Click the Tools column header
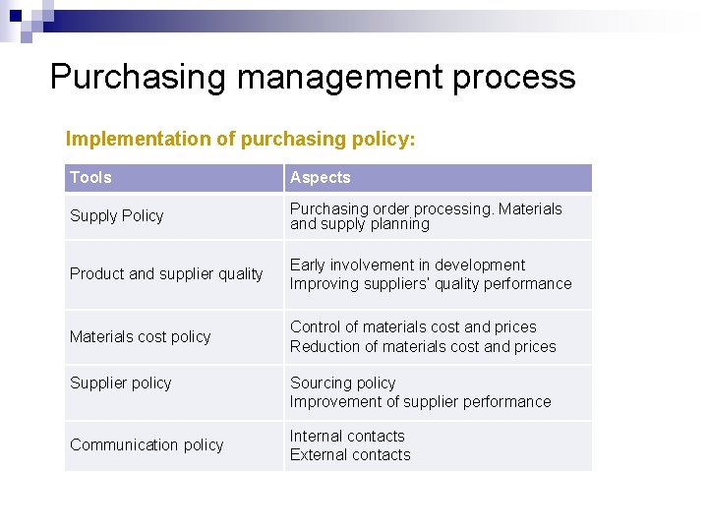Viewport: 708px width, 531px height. (x=90, y=177)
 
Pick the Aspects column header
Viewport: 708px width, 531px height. (x=320, y=177)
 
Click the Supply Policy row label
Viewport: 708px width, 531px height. (x=116, y=215)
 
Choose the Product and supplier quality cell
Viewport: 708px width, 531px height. (x=166, y=273)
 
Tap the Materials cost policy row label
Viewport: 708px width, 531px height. (x=140, y=336)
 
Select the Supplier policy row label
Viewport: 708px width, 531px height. (x=120, y=383)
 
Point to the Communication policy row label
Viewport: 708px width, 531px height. (x=147, y=444)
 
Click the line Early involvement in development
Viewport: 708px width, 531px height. (x=407, y=265)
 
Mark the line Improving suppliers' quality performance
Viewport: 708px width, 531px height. (x=430, y=283)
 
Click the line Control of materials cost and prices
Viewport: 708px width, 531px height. (x=413, y=326)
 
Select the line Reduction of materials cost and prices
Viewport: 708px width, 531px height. (x=423, y=346)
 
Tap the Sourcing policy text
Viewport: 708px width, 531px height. (x=342, y=383)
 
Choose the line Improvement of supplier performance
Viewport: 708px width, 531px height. (x=420, y=401)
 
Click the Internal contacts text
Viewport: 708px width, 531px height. (x=347, y=436)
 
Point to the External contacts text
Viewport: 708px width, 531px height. (x=350, y=454)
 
